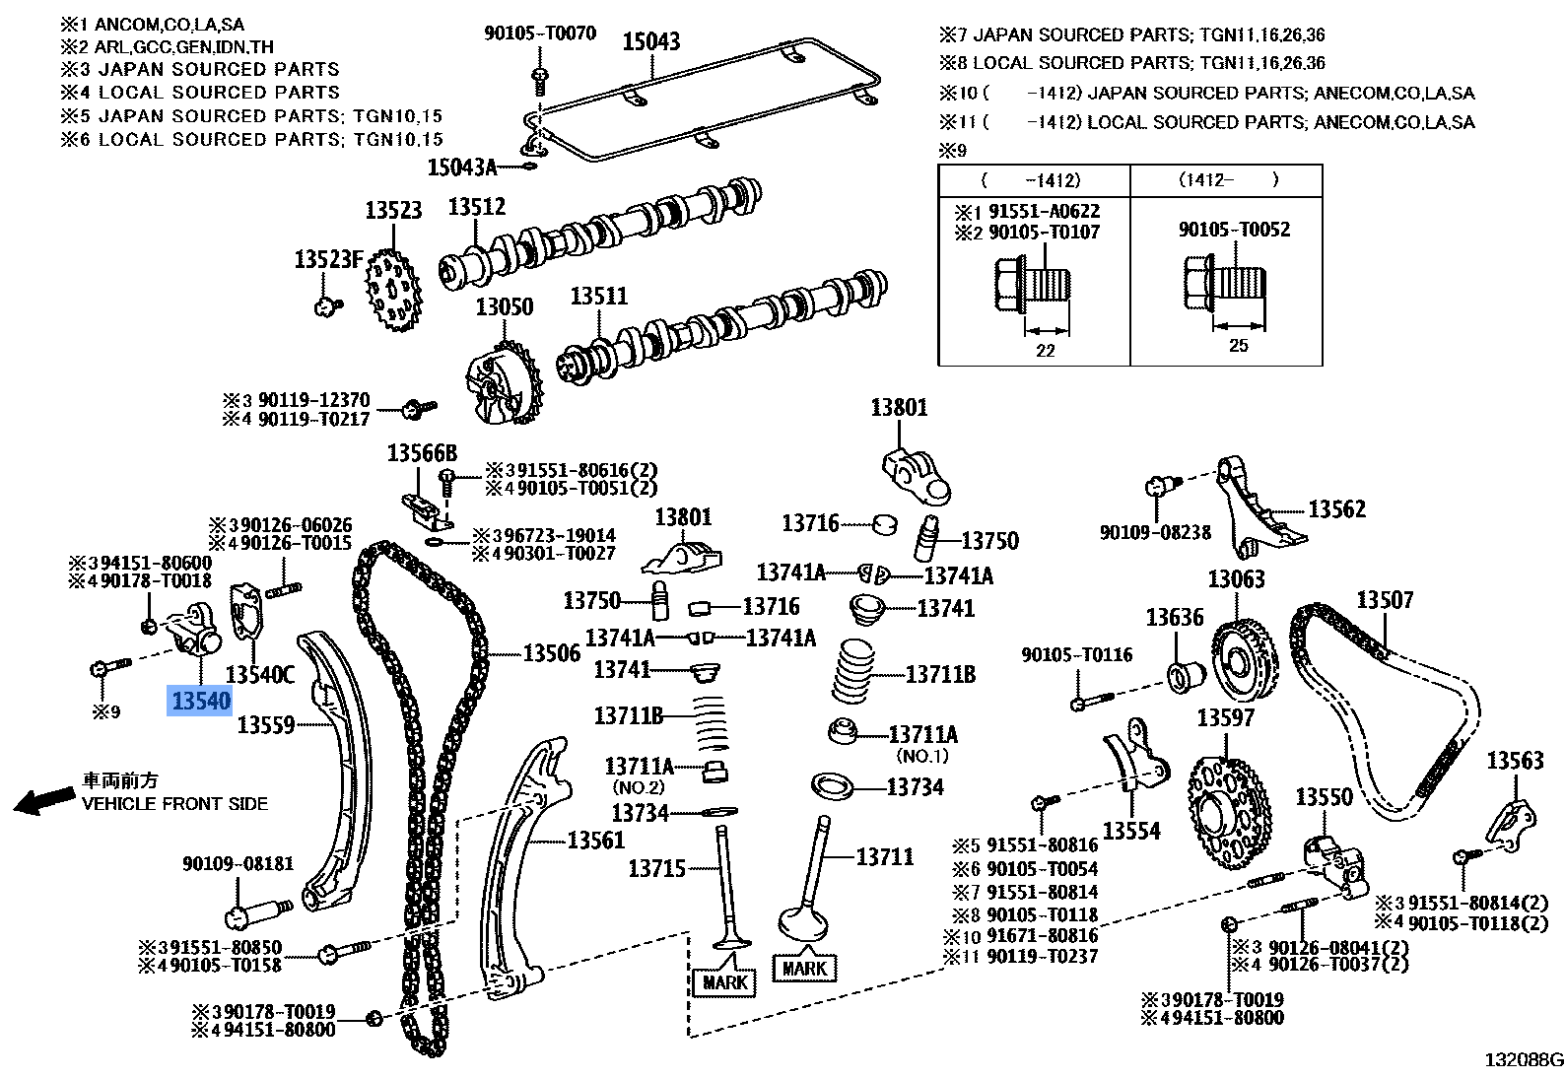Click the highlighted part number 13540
point(201,701)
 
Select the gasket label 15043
point(650,41)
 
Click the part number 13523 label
point(393,210)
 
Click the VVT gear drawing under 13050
point(504,385)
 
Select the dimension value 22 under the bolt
point(1045,350)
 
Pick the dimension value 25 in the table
point(1238,345)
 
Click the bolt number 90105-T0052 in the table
point(1234,230)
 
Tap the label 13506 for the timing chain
point(551,653)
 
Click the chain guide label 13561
point(595,840)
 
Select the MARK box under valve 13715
point(724,981)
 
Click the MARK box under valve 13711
point(804,968)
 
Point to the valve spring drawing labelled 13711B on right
point(854,673)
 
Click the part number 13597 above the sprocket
point(1225,717)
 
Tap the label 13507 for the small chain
point(1385,599)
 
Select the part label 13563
point(1515,760)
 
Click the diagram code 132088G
point(1524,1060)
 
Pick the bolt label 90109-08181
point(238,863)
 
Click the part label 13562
point(1336,509)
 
